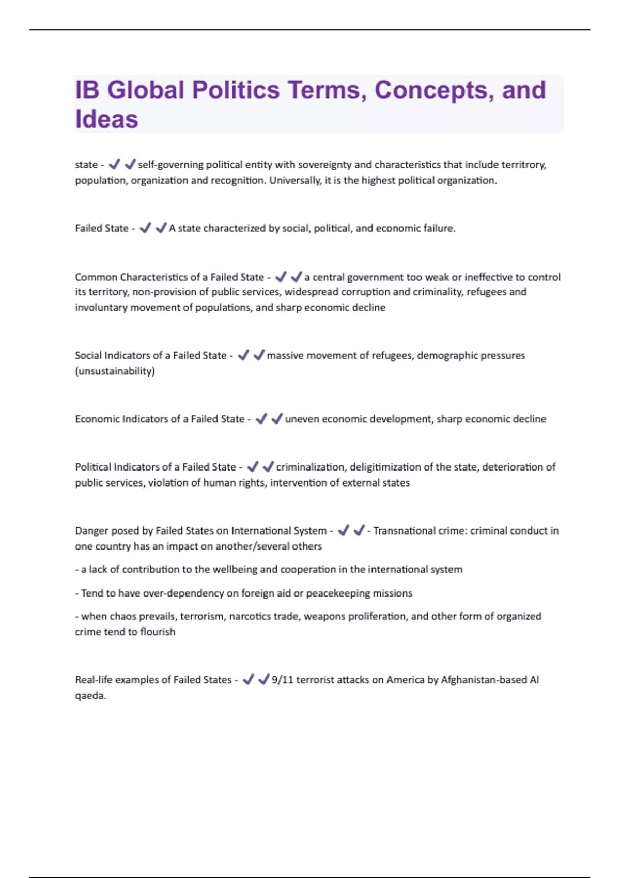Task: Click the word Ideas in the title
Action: pyautogui.click(x=106, y=119)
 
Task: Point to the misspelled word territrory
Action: pyautogui.click(x=523, y=165)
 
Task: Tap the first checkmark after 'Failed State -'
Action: pyautogui.click(x=145, y=228)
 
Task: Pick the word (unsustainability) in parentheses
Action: pyautogui.click(x=115, y=371)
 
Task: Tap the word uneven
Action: pyautogui.click(x=302, y=419)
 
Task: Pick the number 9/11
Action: pyautogui.click(x=282, y=680)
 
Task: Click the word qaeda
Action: pyautogui.click(x=90, y=695)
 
